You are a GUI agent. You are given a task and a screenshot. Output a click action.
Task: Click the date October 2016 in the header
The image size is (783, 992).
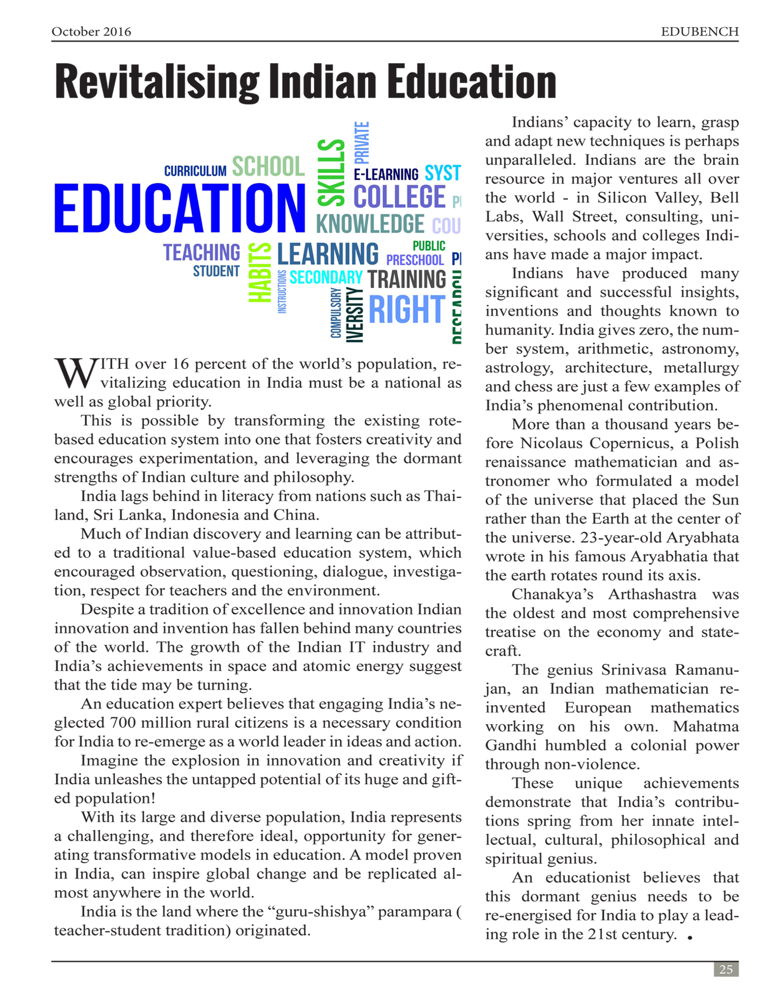91,32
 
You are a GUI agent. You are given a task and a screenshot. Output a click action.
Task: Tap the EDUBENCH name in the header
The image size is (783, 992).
699,32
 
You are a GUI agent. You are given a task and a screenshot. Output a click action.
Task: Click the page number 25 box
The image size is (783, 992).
726,970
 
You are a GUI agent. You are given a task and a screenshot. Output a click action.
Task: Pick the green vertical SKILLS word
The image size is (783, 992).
331,173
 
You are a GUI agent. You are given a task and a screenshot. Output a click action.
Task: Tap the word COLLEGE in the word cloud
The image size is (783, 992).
399,197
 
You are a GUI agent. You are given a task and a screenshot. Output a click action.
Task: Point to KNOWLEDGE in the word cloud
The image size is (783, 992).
370,224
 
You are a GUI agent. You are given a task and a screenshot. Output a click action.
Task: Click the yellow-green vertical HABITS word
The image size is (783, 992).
260,273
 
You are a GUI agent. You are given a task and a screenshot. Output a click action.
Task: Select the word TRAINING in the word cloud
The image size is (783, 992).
407,279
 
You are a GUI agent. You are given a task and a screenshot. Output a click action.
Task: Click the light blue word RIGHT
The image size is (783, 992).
407,310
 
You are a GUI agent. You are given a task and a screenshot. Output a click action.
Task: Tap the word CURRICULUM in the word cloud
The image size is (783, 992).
195,171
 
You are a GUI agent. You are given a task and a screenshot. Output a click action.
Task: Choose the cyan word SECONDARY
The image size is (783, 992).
326,277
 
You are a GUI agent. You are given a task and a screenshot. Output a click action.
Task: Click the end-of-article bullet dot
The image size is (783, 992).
690,938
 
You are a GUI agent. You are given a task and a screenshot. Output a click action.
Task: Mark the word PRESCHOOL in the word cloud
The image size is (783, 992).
415,259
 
